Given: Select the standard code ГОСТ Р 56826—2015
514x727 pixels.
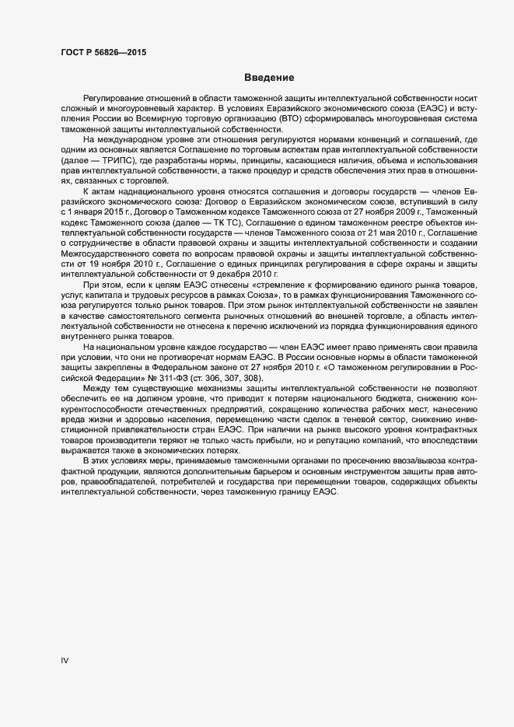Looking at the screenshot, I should coord(103,53).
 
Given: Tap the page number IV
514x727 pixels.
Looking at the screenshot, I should coord(65,660).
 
